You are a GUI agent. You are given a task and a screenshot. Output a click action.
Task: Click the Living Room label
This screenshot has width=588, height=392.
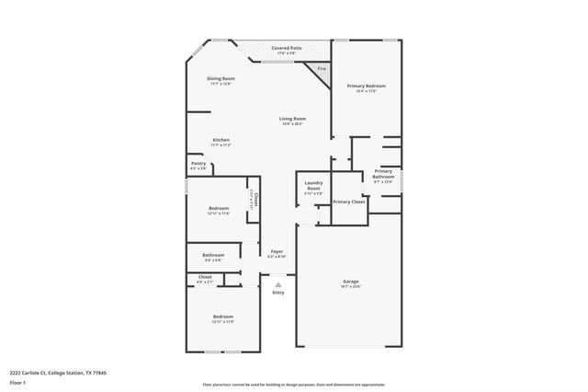coord(293,119)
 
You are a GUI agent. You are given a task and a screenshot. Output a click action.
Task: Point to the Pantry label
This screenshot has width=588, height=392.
coord(198,164)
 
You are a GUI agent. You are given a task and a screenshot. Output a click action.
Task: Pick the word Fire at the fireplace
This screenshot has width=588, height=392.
coord(321,69)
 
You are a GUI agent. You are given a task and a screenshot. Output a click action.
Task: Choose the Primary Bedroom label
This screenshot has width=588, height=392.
coord(366,86)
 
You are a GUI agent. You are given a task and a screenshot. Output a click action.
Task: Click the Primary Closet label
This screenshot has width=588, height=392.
coord(348,202)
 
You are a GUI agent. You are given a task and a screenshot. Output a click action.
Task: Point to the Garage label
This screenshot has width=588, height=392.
coord(350,281)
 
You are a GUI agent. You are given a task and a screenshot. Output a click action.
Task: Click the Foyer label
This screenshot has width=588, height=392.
coord(277,252)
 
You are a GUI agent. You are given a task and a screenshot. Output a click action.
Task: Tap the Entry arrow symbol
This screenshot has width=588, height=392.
coord(277,285)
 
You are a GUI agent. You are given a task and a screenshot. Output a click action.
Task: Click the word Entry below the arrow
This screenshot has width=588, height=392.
coord(277,293)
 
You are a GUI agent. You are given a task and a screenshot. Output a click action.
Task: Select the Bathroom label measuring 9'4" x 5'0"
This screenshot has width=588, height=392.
coord(213,255)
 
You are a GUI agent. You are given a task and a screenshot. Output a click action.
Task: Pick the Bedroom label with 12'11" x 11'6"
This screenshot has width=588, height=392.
coord(218,209)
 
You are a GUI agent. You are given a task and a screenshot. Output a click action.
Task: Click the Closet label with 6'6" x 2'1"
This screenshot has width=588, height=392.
coord(205,277)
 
